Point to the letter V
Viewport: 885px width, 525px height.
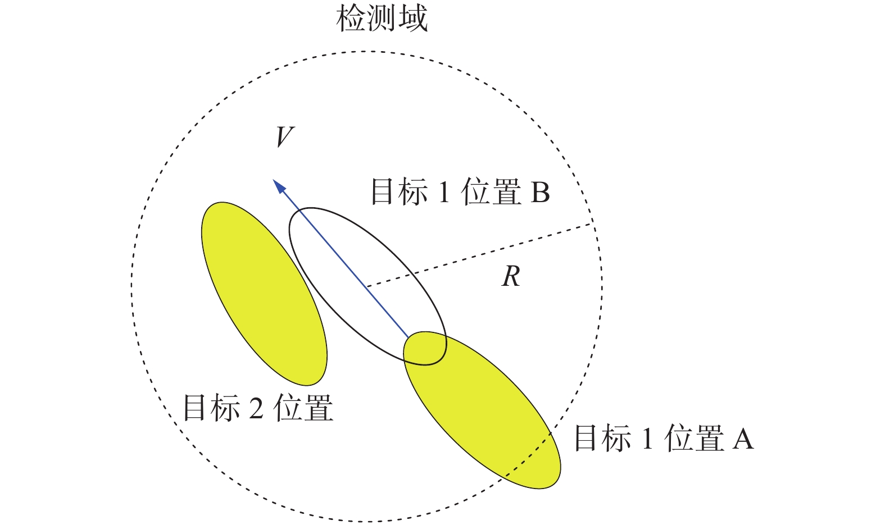pyautogui.click(x=284, y=136)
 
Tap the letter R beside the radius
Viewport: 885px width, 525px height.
pyautogui.click(x=511, y=276)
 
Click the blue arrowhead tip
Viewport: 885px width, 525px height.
pyautogui.click(x=275, y=181)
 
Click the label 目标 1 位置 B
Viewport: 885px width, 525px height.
pyautogui.click(x=460, y=192)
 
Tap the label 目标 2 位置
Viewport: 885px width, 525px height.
pyautogui.click(x=258, y=407)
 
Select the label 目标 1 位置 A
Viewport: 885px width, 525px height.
pyautogui.click(x=663, y=438)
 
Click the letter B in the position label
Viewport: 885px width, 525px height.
pyautogui.click(x=539, y=193)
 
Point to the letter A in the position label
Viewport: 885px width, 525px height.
pyautogui.click(x=742, y=439)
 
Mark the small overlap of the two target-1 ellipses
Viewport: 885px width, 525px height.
pyautogui.click(x=425, y=349)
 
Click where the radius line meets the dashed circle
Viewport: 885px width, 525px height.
pyautogui.click(x=592, y=224)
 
